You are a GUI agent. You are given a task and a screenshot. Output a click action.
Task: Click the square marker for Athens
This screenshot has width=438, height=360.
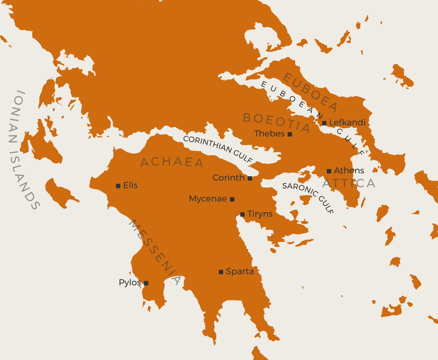pyautogui.click(x=329, y=171)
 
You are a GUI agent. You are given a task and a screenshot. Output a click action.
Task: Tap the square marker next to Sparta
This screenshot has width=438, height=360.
pyautogui.click(x=221, y=272)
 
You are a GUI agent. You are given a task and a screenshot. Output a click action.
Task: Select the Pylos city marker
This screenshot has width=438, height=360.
pyautogui.click(x=146, y=283)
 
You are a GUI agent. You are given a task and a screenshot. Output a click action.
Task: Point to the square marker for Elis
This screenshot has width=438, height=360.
pyautogui.click(x=118, y=186)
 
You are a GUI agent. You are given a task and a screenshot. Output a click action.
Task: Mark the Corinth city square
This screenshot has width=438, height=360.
pyautogui.click(x=250, y=178)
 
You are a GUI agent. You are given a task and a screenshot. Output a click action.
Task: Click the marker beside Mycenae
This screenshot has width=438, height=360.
pyautogui.click(x=232, y=199)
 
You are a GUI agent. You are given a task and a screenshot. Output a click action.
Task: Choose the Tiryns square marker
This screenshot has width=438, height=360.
pyautogui.click(x=242, y=214)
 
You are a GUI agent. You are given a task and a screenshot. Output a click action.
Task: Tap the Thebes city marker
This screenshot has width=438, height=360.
pyautogui.click(x=290, y=134)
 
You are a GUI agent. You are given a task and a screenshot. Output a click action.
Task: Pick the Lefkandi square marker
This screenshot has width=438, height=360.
pyautogui.click(x=324, y=123)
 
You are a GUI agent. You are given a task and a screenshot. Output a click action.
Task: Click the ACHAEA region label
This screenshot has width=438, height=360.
pyautogui.click(x=172, y=162)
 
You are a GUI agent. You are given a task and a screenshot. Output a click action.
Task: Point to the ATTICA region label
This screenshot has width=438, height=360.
pyautogui.click(x=349, y=183)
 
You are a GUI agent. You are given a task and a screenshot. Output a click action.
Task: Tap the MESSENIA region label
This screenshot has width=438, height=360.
pyautogui.click(x=155, y=252)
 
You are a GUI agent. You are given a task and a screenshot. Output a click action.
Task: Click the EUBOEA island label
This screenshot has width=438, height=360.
pyautogui.click(x=311, y=92)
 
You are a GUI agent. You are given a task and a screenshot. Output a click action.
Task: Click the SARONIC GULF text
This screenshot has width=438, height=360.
pyautogui.click(x=308, y=197)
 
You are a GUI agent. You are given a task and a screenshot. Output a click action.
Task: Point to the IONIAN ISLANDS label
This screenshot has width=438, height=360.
pyautogui.click(x=23, y=150)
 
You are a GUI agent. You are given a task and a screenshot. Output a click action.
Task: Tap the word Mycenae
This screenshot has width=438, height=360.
pyautogui.click(x=208, y=199)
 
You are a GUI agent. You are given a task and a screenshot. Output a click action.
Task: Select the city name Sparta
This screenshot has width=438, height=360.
pyautogui.click(x=240, y=271)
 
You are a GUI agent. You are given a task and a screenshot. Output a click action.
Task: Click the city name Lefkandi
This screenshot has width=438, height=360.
pyautogui.click(x=347, y=123)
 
